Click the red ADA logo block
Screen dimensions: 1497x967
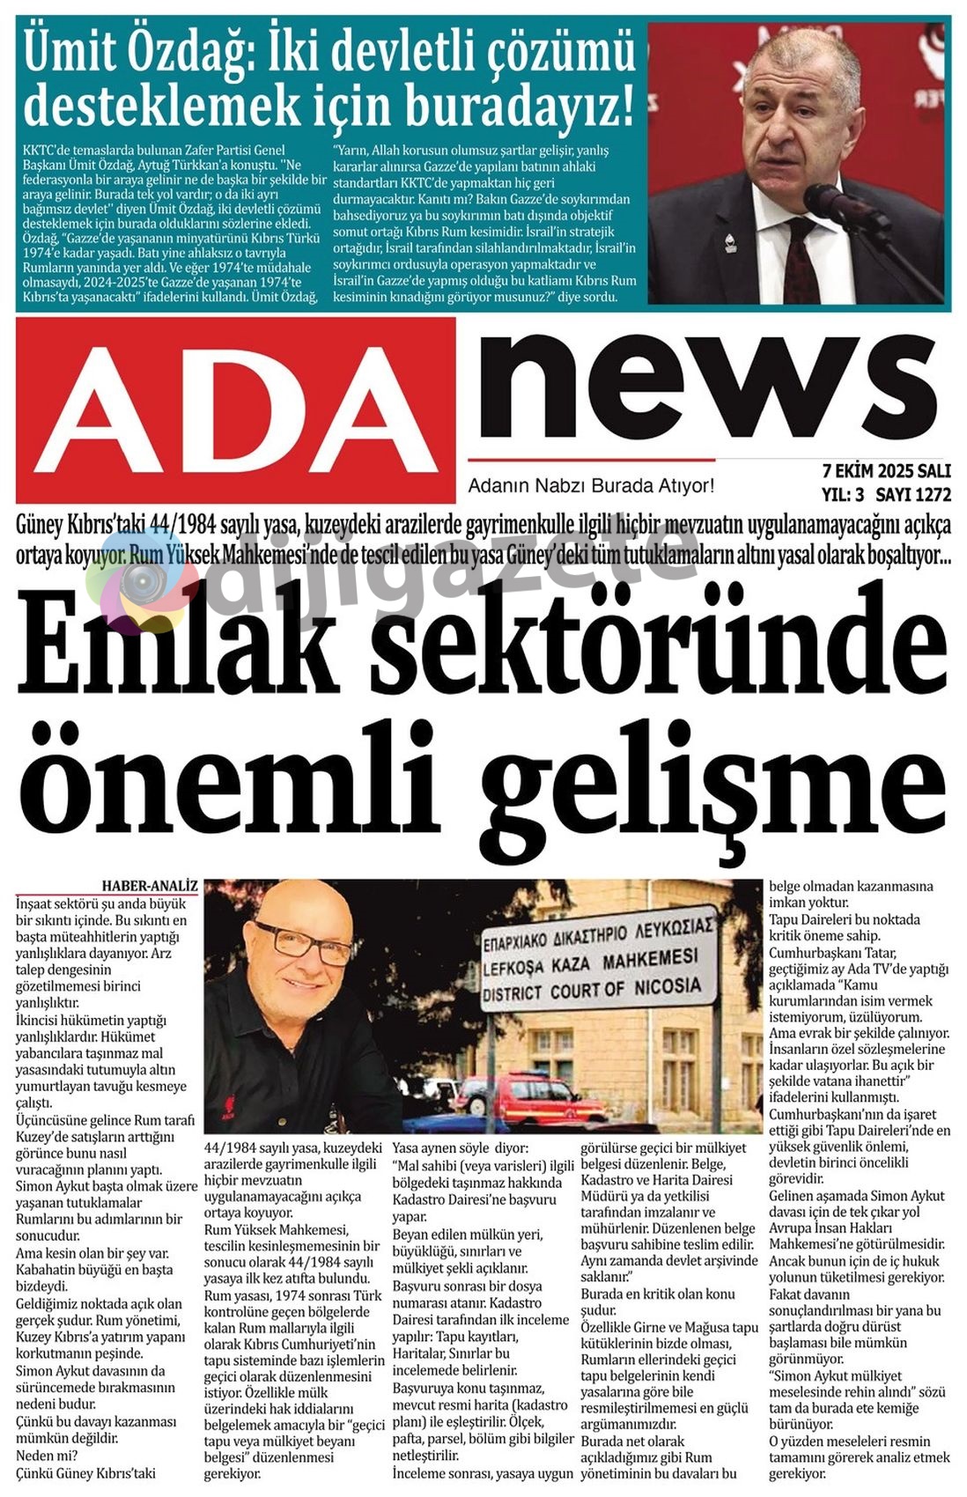point(236,409)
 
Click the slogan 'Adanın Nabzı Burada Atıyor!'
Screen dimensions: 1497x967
point(590,485)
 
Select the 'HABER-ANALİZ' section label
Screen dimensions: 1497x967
point(150,885)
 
